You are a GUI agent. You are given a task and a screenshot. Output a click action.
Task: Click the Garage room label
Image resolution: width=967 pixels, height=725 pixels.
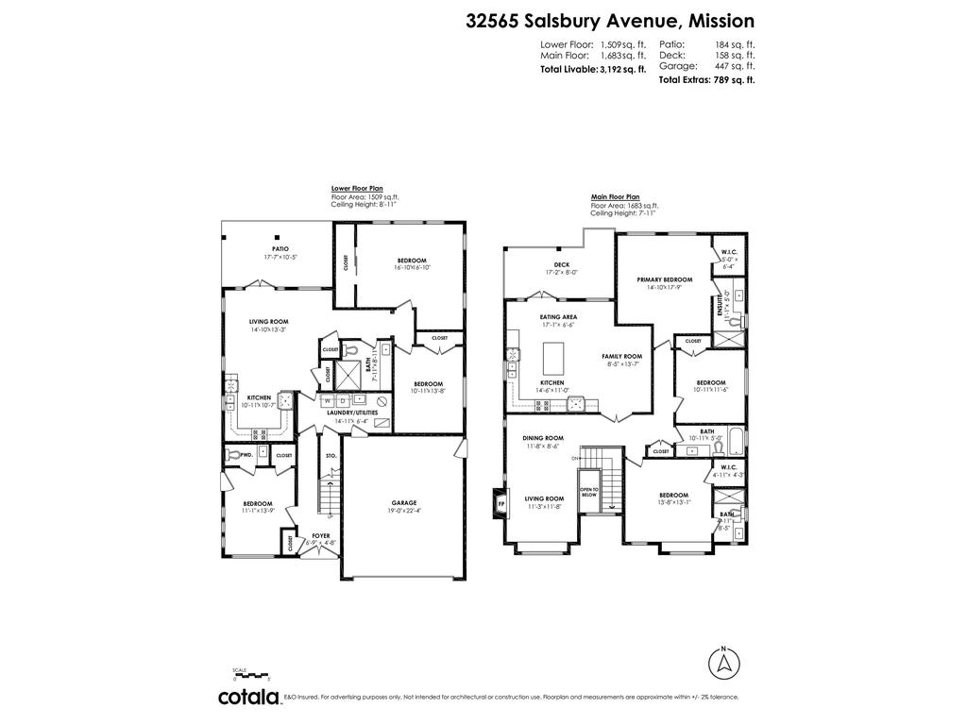(x=404, y=502)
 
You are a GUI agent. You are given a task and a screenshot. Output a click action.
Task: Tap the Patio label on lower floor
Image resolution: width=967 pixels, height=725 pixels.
(x=281, y=248)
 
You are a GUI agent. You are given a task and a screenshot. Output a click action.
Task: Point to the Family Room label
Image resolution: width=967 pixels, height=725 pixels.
(x=621, y=356)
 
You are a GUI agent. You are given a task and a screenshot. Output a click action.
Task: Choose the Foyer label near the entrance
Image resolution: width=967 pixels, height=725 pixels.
(x=321, y=535)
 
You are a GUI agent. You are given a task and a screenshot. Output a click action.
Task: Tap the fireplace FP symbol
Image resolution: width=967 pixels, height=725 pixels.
(x=500, y=504)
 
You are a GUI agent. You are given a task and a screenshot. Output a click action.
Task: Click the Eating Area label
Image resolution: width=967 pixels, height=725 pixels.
(x=558, y=317)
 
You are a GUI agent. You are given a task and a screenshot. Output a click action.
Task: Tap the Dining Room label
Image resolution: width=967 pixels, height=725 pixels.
(x=543, y=438)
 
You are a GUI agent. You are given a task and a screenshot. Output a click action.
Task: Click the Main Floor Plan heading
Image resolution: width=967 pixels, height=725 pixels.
(x=615, y=198)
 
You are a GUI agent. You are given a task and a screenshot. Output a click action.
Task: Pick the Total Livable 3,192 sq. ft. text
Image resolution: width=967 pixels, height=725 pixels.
(x=593, y=69)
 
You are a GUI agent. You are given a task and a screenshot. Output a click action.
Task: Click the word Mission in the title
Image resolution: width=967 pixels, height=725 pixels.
(x=721, y=21)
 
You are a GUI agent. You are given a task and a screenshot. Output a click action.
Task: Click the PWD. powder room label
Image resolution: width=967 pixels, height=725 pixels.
(x=246, y=454)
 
